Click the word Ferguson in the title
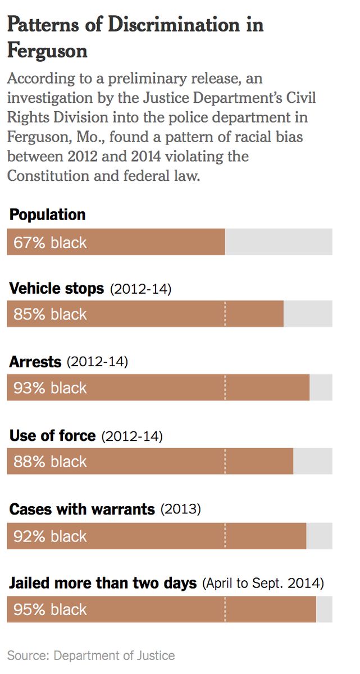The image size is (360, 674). (x=47, y=51)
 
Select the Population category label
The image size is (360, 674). (x=48, y=215)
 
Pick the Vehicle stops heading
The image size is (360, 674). (x=57, y=289)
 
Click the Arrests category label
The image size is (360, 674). (x=35, y=362)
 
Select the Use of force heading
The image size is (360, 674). (x=53, y=436)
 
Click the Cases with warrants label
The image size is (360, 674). (x=82, y=509)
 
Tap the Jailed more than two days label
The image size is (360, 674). (x=103, y=583)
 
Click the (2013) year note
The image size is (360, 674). (x=180, y=510)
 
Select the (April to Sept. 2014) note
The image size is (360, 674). (x=263, y=584)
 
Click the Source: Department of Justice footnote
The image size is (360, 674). (x=91, y=655)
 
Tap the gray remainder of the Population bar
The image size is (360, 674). (x=279, y=242)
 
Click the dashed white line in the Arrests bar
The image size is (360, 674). (x=225, y=388)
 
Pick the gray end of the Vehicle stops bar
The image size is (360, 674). (x=308, y=313)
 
